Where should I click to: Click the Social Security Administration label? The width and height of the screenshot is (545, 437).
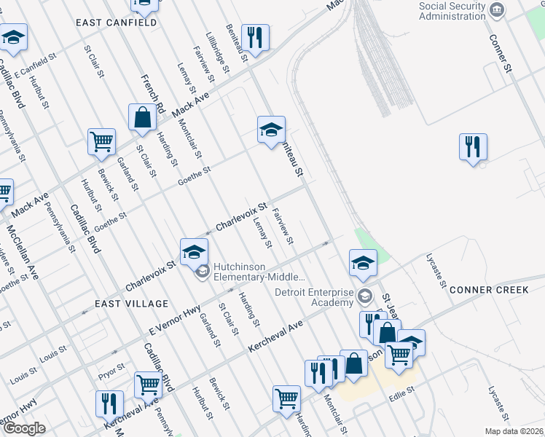click(452, 12)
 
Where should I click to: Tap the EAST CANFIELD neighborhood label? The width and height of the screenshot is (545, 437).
click(117, 23)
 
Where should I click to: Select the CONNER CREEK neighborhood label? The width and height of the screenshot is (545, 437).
click(489, 290)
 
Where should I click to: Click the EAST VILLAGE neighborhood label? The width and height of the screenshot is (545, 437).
click(131, 303)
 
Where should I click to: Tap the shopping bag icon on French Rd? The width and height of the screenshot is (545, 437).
click(142, 116)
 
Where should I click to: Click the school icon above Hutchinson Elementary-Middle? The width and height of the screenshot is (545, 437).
click(194, 251)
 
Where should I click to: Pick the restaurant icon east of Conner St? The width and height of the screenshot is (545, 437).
click(473, 146)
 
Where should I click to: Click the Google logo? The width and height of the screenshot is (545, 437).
click(24, 428)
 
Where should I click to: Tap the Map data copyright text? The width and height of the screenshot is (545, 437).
click(514, 431)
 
